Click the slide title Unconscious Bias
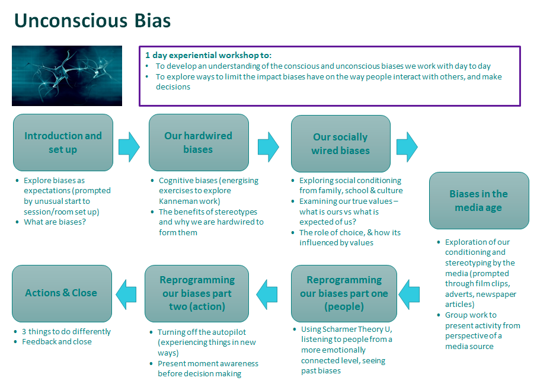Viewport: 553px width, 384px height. tap(92, 21)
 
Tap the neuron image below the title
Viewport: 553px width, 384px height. tap(67, 75)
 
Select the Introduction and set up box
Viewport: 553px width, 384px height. tap(63, 143)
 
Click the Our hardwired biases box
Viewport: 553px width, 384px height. tap(198, 143)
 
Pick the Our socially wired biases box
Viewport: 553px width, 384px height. tap(340, 144)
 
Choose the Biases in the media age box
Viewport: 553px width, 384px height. tap(478, 200)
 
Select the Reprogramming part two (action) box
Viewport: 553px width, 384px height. tap(197, 293)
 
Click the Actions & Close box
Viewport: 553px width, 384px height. tap(61, 293)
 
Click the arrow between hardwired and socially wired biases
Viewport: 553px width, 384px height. tap(268, 145)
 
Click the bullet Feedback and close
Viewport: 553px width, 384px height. tap(57, 341)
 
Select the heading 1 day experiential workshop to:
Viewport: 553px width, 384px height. tap(208, 55)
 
